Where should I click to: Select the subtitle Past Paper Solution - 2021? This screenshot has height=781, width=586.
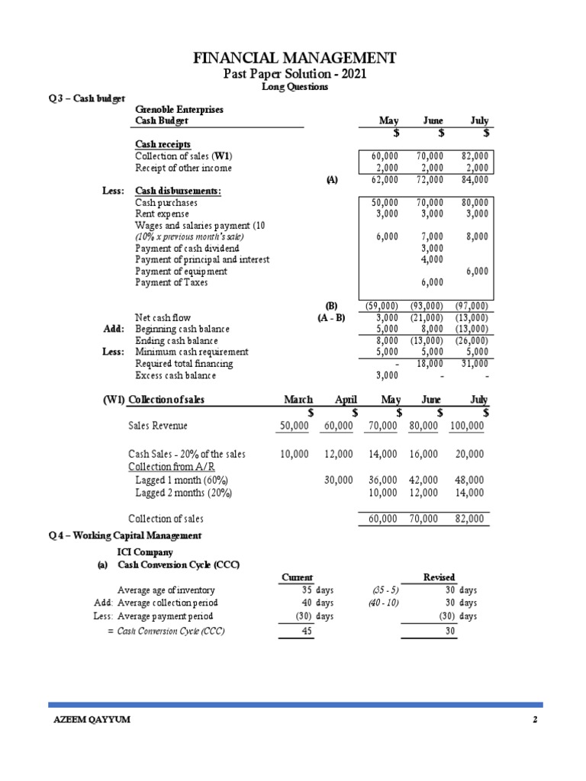point(294,73)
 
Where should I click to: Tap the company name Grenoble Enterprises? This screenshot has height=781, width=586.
point(179,109)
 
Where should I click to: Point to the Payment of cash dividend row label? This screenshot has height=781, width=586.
point(187,248)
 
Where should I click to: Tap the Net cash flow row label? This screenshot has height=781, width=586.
point(163,317)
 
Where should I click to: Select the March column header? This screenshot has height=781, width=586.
point(298,400)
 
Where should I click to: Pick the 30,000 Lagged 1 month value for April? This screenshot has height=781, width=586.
point(339,480)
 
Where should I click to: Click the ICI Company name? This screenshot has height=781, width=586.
point(144,552)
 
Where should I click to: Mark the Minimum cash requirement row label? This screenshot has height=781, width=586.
point(192,352)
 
